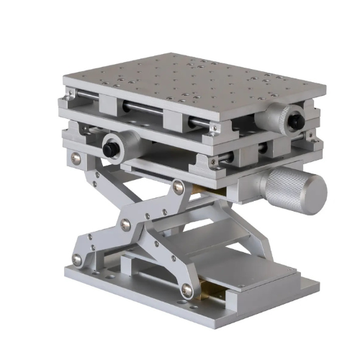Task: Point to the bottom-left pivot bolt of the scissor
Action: click(x=77, y=259)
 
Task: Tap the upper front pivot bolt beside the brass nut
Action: click(x=178, y=188)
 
